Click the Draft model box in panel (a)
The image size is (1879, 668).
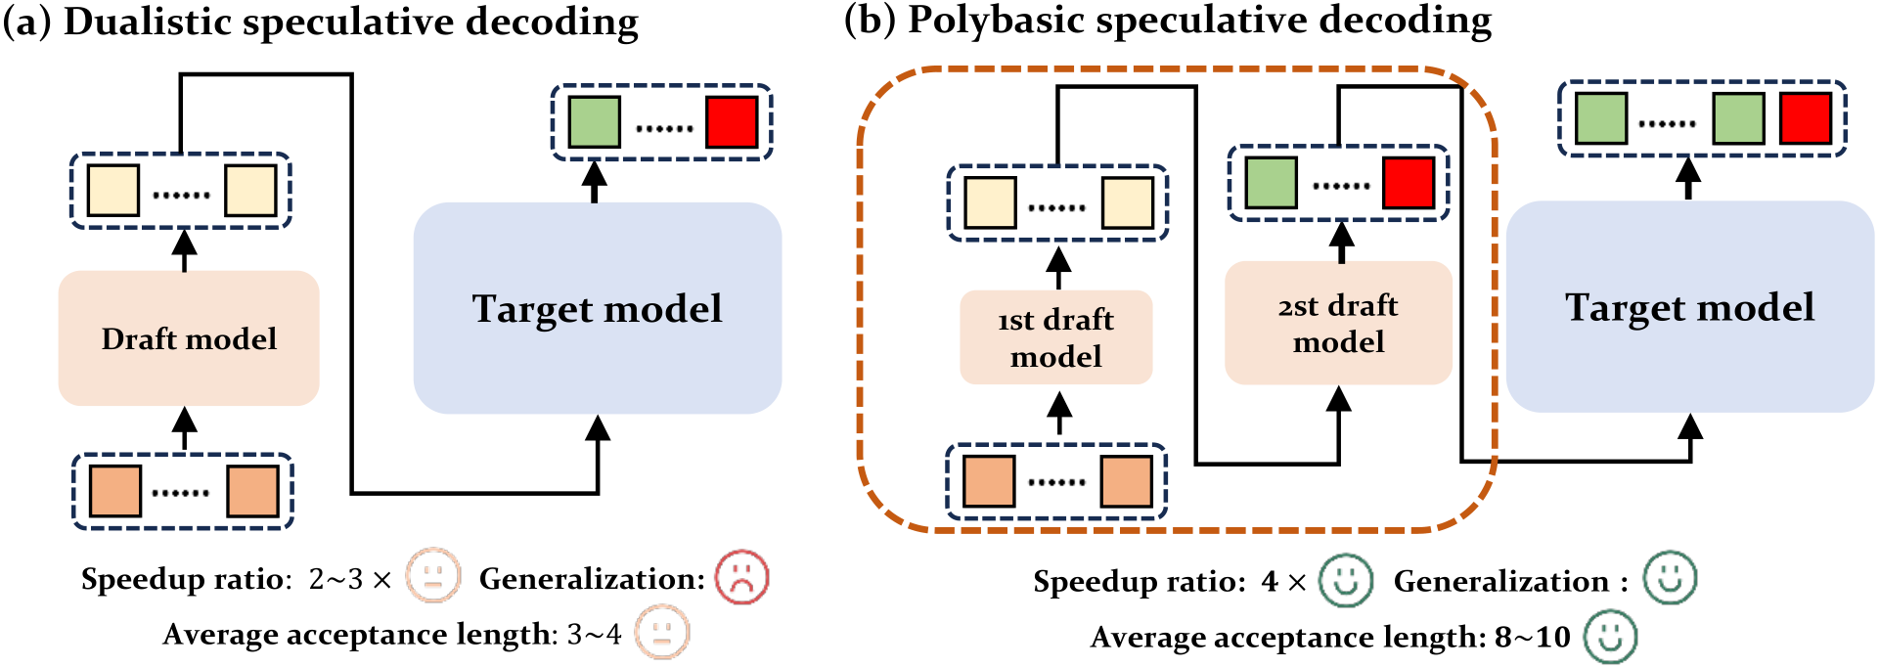[x=189, y=338]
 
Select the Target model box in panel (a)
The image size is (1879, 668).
[x=598, y=308]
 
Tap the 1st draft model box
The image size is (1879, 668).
[x=1056, y=337]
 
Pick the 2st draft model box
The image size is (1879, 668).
[x=1338, y=323]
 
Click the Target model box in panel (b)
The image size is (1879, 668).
[x=1690, y=307]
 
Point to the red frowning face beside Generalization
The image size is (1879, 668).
[x=742, y=578]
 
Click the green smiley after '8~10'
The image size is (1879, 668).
[x=1611, y=637]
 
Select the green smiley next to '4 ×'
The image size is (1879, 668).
[x=1346, y=580]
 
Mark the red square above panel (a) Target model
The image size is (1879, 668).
[x=732, y=122]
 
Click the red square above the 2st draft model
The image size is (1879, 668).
[x=1409, y=183]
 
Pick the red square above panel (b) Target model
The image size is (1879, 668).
[x=1806, y=118]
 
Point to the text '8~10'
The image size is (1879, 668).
[x=1533, y=638]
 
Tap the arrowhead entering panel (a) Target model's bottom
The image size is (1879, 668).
[x=598, y=427]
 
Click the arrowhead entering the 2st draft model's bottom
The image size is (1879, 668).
[x=1339, y=398]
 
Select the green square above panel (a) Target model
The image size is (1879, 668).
[x=595, y=122]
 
